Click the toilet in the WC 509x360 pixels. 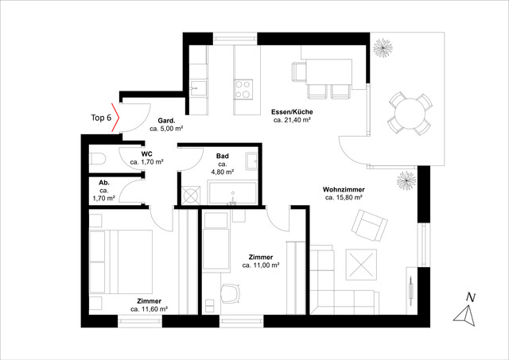98,159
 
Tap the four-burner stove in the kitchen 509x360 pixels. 243,89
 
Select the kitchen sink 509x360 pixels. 198,87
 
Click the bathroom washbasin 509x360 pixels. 251,161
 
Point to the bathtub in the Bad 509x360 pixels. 232,193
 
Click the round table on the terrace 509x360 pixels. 410,114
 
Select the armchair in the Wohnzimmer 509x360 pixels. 369,225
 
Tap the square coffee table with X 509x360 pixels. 361,265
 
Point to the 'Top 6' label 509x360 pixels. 101,118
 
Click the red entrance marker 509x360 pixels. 115,118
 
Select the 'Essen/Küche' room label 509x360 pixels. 292,112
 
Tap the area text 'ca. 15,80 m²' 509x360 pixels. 344,198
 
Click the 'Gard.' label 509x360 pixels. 166,121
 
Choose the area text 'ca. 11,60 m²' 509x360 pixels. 149,309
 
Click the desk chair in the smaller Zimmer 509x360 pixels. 231,293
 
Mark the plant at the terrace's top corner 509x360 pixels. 383,48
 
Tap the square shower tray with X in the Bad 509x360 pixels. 191,195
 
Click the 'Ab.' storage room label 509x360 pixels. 104,183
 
